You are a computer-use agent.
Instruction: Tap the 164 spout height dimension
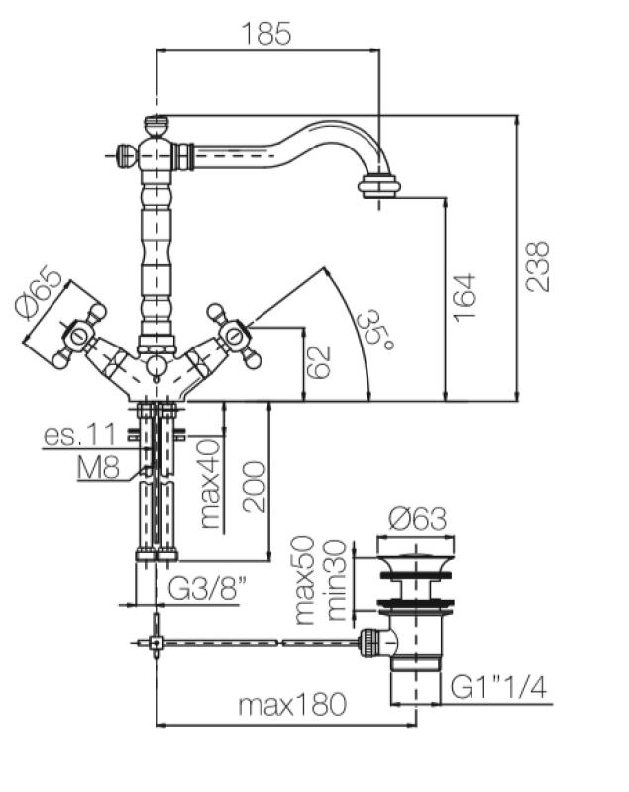click(465, 295)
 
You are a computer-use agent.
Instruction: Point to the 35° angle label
click(373, 328)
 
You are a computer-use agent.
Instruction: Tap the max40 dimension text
click(209, 482)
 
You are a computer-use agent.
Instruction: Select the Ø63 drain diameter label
click(417, 518)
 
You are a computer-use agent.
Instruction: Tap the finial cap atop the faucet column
click(156, 125)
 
